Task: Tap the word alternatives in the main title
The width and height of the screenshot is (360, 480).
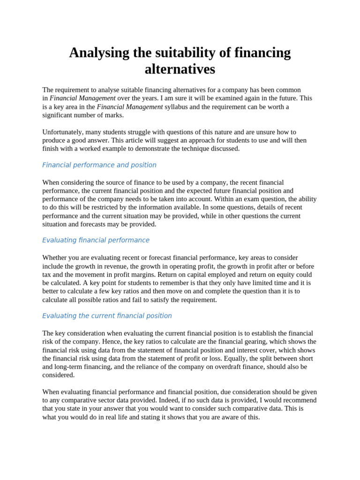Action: (x=180, y=69)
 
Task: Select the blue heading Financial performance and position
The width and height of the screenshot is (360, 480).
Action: (x=99, y=165)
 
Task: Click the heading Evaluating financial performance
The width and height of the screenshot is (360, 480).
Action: (x=96, y=240)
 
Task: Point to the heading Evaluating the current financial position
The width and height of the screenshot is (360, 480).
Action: (x=107, y=316)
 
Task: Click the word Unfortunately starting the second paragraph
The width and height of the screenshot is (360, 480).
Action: (x=63, y=132)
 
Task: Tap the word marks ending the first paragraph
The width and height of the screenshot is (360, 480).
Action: (x=114, y=115)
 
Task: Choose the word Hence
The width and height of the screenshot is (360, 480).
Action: (x=109, y=342)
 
